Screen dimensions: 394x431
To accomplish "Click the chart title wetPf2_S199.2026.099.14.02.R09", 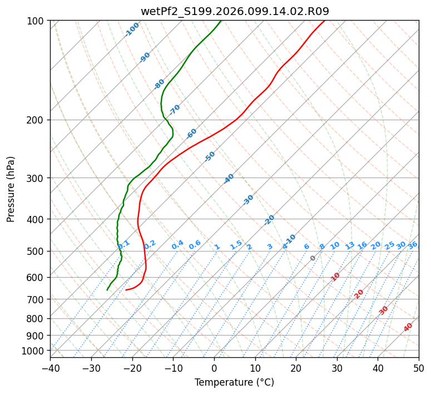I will pyautogui.click(x=234, y=11).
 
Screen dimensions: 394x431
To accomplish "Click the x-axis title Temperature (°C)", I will pyautogui.click(x=234, y=382).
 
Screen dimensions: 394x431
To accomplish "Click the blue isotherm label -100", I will pyautogui.click(x=132, y=29).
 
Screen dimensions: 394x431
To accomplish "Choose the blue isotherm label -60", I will pyautogui.click(x=192, y=134).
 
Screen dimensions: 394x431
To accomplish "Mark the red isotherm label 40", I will pyautogui.click(x=408, y=327).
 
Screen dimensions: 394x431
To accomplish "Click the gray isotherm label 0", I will pyautogui.click(x=313, y=258).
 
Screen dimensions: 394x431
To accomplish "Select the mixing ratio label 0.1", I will pyautogui.click(x=123, y=244).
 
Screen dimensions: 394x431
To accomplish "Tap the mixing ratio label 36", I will pyautogui.click(x=413, y=245).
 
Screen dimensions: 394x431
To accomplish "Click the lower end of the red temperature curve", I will pyautogui.click(x=126, y=290).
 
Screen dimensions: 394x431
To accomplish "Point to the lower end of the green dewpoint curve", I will pyautogui.click(x=107, y=290).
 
